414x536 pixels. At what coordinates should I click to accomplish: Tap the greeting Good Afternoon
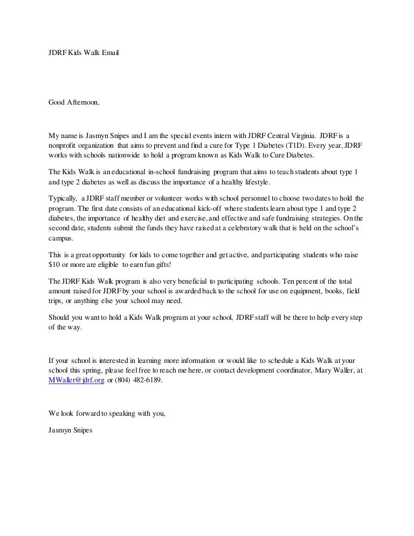[x=74, y=102]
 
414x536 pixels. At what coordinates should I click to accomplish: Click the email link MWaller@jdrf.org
[x=77, y=380]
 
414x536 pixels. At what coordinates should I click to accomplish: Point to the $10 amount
[x=54, y=265]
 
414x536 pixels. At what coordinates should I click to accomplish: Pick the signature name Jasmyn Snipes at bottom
[x=71, y=430]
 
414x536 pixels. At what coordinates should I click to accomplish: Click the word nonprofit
[x=65, y=145]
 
